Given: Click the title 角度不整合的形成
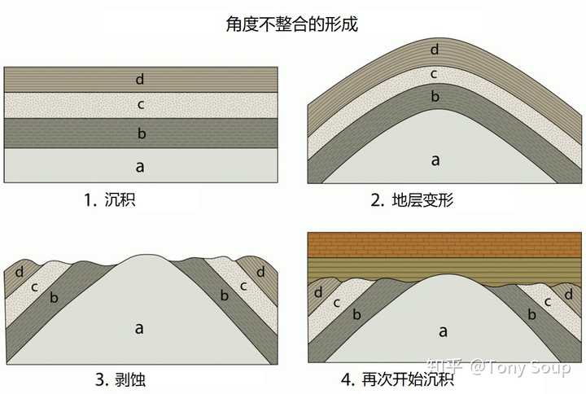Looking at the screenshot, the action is [292, 24].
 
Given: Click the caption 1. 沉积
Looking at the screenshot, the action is [110, 199].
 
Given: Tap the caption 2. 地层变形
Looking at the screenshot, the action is [412, 200].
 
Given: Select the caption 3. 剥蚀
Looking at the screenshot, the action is [120, 379].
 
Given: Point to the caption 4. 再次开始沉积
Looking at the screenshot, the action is [398, 379].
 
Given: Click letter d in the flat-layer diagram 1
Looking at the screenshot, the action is [139, 79].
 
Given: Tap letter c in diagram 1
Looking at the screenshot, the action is [141, 105].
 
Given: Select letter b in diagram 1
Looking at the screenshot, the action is [142, 133].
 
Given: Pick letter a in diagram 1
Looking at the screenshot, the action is [140, 167].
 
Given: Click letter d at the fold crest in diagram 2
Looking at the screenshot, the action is [435, 49].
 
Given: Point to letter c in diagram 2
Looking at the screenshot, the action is [434, 74].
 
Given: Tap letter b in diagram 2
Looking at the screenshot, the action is [435, 96].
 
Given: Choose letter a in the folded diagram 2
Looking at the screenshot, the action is [435, 160].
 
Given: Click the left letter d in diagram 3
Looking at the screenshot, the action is [19, 272].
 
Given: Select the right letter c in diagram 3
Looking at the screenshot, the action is [243, 287].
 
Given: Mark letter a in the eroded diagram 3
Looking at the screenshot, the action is [139, 328].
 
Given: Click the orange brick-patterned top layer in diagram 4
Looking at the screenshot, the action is [444, 245].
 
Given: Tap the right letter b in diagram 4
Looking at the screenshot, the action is [531, 314].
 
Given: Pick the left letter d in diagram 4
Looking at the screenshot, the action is [318, 292].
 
